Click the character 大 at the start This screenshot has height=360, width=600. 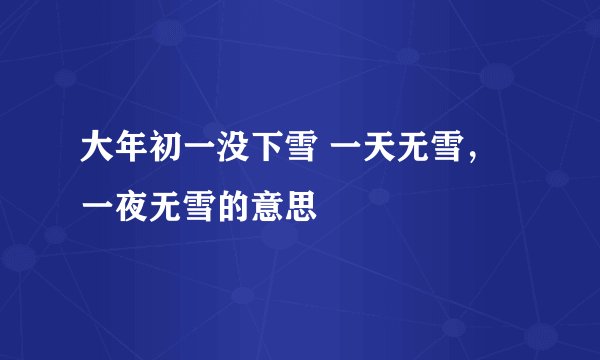coord(95,155)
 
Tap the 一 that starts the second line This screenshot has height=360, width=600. coord(95,210)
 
